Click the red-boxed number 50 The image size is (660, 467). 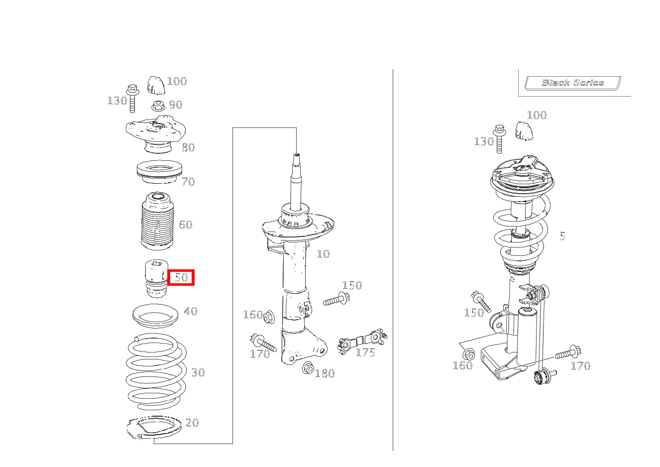tap(181, 277)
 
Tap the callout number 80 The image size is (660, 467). tap(188, 147)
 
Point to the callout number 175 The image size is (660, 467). tap(365, 352)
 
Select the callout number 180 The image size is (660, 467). tap(325, 373)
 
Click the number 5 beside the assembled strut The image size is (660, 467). tap(562, 236)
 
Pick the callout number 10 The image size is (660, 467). tap(323, 254)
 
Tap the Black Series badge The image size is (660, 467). tap(573, 83)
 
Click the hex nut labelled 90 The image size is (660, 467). tap(158, 106)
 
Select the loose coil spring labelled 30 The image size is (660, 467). tap(156, 372)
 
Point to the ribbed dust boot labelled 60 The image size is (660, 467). tap(157, 221)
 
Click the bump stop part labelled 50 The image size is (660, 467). tap(156, 278)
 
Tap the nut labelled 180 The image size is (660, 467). tap(308, 368)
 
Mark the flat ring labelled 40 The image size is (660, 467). tap(155, 316)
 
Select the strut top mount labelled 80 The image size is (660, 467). tap(156, 134)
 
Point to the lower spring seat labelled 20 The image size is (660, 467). tap(153, 428)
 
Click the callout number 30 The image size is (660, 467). tap(198, 372)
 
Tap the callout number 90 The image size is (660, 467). tap(176, 105)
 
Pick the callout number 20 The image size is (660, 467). tap(192, 423)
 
